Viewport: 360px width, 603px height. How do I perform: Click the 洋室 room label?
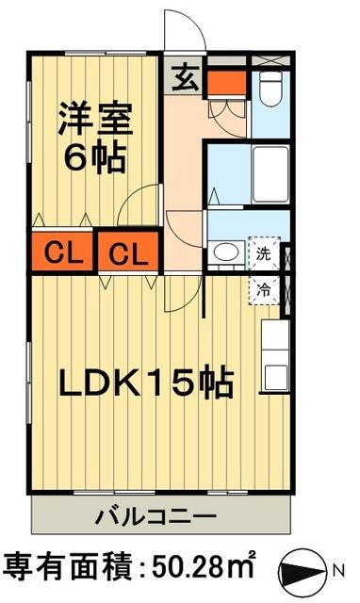[x=94, y=122]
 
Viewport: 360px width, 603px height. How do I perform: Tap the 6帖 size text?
[x=94, y=157]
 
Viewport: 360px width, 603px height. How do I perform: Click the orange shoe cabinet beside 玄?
[x=224, y=80]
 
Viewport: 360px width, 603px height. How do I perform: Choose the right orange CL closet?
[x=130, y=253]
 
